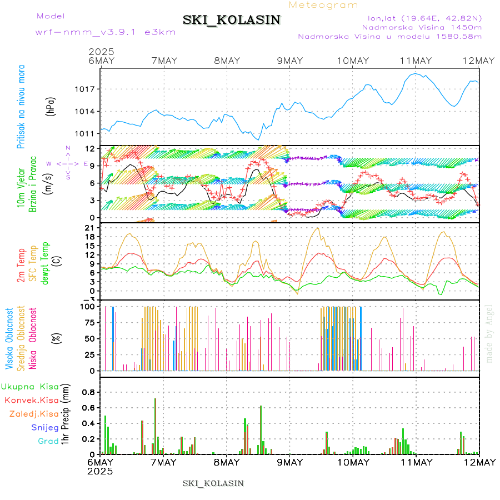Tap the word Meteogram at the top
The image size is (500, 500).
pyautogui.click(x=324, y=5)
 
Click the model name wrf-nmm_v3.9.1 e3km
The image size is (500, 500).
pyautogui.click(x=106, y=32)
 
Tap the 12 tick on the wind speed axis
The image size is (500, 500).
pyautogui.click(x=89, y=148)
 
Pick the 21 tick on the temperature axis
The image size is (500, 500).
pyautogui.click(x=89, y=228)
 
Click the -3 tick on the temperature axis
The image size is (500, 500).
pyautogui.click(x=88, y=299)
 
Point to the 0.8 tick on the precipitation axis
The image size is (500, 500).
pyautogui.click(x=89, y=392)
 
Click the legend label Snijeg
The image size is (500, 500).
pyautogui.click(x=45, y=427)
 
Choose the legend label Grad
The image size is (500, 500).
pyautogui.click(x=48, y=441)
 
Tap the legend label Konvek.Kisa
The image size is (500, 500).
pyautogui.click(x=31, y=400)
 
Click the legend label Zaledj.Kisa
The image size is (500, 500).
pyautogui.click(x=34, y=413)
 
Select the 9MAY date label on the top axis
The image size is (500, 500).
pyautogui.click(x=289, y=61)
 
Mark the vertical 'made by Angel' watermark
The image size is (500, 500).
pyautogui.click(x=489, y=333)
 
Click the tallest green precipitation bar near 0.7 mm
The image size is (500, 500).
pyautogui.click(x=155, y=425)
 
